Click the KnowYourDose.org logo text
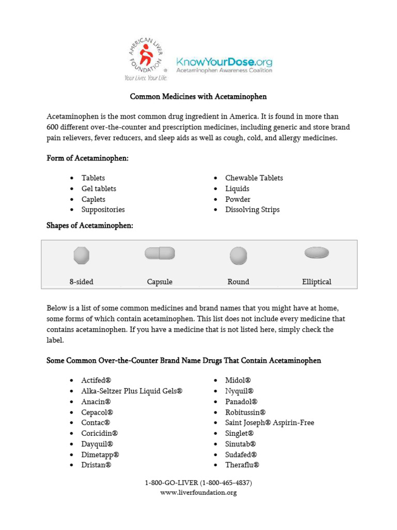(224, 62)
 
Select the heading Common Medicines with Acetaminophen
(198, 97)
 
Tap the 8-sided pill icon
(82, 256)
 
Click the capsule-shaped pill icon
(160, 253)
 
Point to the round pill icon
(238, 256)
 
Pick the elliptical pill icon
(316, 253)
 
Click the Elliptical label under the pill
(316, 282)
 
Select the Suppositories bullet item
(103, 210)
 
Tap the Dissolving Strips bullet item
(252, 210)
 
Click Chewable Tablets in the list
(254, 178)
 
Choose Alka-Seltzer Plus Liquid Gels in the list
(132, 391)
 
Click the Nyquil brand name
(239, 391)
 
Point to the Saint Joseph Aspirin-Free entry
(269, 423)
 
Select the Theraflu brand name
(242, 465)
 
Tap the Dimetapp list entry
(100, 454)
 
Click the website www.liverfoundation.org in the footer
(198, 493)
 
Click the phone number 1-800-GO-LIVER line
(198, 483)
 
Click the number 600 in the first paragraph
(53, 127)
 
